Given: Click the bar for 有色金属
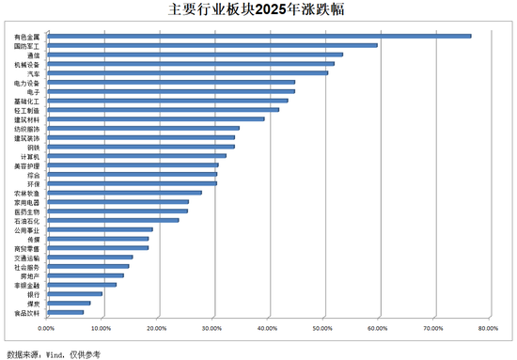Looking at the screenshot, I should coord(258,36).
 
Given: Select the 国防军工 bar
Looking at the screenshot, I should coord(211,45).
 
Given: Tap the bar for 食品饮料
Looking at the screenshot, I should coord(65,312).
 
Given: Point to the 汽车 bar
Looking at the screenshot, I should coord(187,72).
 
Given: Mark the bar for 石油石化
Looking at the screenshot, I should coord(112,220).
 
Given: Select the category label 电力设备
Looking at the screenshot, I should coord(27,82).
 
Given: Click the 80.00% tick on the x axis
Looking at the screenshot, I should coord(488,328).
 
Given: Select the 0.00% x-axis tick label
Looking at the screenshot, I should coord(47,328).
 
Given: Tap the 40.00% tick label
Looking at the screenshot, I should coord(267,328).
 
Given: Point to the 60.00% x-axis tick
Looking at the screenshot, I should coord(377,328).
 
